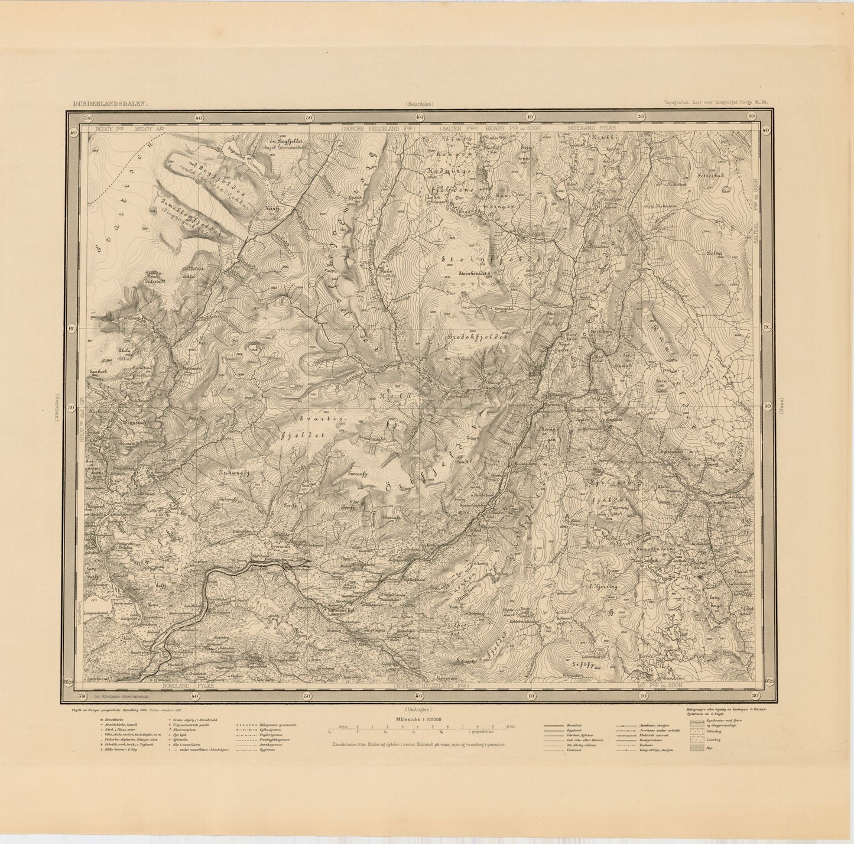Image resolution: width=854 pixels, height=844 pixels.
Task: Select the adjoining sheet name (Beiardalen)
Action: (419, 103)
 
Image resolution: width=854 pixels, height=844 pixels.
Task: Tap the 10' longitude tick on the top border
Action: (530, 117)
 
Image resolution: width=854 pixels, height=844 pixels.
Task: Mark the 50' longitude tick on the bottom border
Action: (308, 696)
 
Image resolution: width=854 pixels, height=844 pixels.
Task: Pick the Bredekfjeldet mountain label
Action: (480, 335)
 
